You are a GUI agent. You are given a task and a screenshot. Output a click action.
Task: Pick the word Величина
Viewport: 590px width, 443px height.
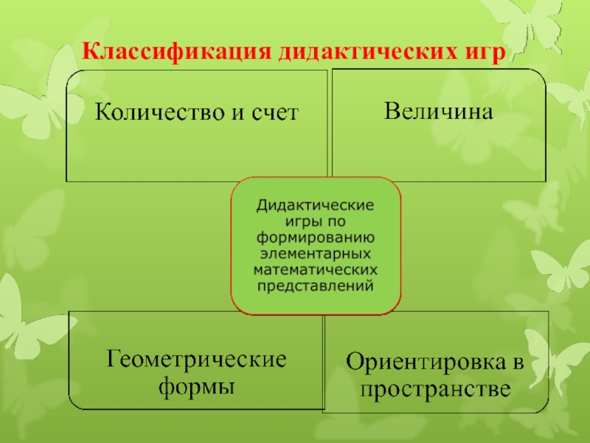tap(438, 111)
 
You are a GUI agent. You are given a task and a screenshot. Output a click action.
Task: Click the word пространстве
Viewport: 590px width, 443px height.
tap(438, 388)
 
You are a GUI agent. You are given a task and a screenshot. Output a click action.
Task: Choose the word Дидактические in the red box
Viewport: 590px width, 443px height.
tap(316, 205)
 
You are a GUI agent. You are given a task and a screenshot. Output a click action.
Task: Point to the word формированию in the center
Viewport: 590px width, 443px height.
tap(316, 237)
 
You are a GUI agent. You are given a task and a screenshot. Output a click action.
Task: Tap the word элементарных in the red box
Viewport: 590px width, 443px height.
tap(316, 253)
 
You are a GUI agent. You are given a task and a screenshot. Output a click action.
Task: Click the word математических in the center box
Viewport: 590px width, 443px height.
tap(316, 269)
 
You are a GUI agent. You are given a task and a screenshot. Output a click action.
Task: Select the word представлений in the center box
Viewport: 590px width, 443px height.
tap(316, 285)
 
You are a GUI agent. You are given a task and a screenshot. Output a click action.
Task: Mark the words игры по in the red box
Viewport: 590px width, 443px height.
tap(316, 221)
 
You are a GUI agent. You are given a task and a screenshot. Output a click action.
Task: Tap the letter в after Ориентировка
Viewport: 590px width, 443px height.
tap(518, 363)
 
